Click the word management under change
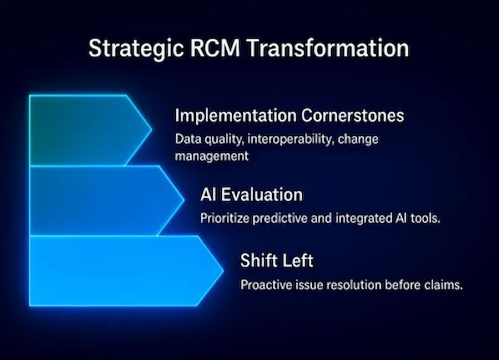(x=211, y=155)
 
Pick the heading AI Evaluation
(x=251, y=195)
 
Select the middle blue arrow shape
(x=100, y=200)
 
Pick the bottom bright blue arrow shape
(x=119, y=270)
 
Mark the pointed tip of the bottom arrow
(x=221, y=271)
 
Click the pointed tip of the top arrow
(x=150, y=130)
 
